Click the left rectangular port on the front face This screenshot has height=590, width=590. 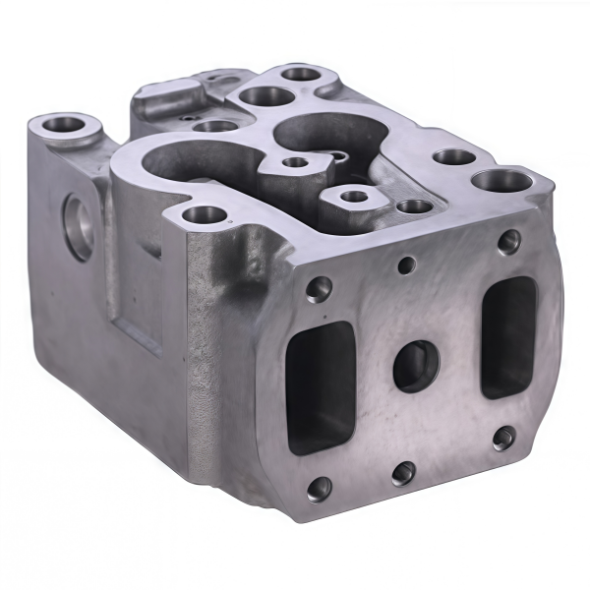click(x=320, y=385)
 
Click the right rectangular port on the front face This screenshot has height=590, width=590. click(x=508, y=334)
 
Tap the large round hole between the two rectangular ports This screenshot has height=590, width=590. click(x=417, y=366)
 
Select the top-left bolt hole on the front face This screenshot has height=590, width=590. click(x=318, y=288)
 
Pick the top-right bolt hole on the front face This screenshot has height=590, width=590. click(x=508, y=241)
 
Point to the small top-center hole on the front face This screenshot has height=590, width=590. click(x=404, y=264)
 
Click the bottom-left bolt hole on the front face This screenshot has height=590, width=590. click(x=318, y=487)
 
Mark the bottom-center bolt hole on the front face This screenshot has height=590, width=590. click(x=403, y=473)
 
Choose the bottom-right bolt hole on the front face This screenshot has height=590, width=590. click(x=503, y=438)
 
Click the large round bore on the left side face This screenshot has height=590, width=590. click(x=79, y=227)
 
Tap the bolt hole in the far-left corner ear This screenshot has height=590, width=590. click(x=67, y=125)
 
